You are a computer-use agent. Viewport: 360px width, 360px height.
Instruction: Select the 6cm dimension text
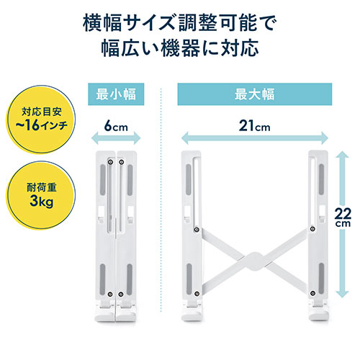[117, 127]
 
